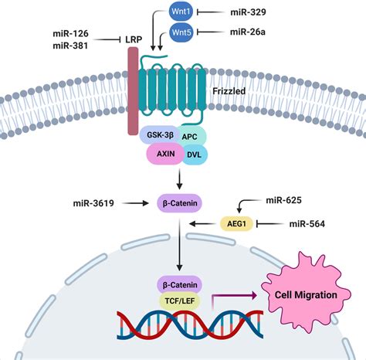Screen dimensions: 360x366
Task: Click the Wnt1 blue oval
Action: click(x=181, y=12)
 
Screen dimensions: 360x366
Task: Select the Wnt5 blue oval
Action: click(x=181, y=32)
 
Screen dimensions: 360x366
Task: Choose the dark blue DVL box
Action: click(x=192, y=155)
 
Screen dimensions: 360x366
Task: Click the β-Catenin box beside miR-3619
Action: click(x=180, y=204)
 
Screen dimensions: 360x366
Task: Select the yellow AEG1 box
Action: click(x=233, y=224)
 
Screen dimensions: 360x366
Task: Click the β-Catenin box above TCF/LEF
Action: click(x=180, y=284)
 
